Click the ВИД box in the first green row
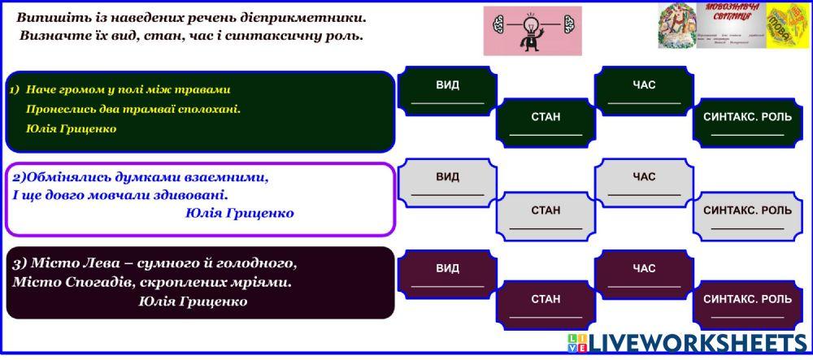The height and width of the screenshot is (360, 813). [x=447, y=92]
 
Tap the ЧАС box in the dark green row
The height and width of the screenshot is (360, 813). [x=644, y=92]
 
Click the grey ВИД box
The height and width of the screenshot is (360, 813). [x=447, y=184]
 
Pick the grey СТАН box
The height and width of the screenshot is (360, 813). [x=546, y=217]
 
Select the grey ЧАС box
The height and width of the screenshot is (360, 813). [x=644, y=184]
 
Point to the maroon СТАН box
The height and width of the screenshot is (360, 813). [x=546, y=306]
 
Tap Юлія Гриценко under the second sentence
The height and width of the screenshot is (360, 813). [x=239, y=213]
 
